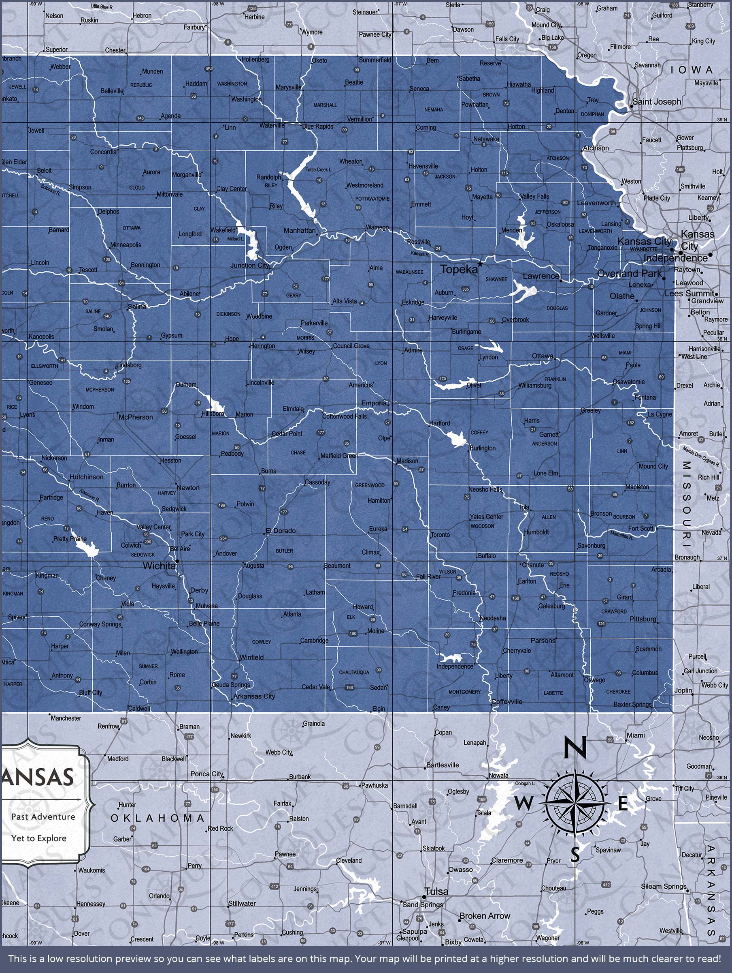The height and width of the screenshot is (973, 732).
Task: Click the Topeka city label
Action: (458, 269)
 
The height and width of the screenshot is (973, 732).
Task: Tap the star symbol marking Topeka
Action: (480, 264)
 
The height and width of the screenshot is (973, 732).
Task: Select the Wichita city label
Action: (159, 566)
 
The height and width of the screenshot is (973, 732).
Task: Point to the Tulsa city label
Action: (436, 891)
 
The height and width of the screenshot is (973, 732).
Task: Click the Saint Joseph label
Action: (656, 102)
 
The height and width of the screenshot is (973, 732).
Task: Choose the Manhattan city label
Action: (299, 231)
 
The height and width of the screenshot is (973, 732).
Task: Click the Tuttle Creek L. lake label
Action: (319, 169)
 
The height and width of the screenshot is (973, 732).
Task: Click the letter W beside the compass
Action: (523, 804)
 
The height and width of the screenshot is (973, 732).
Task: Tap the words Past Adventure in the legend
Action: (43, 817)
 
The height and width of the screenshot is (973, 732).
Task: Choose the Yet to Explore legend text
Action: (39, 838)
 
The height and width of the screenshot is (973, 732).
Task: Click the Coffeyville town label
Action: (507, 702)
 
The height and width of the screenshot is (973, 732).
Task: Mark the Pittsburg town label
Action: (643, 619)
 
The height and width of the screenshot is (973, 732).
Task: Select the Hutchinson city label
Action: (87, 477)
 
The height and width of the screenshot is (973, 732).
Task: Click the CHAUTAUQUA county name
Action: (354, 673)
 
